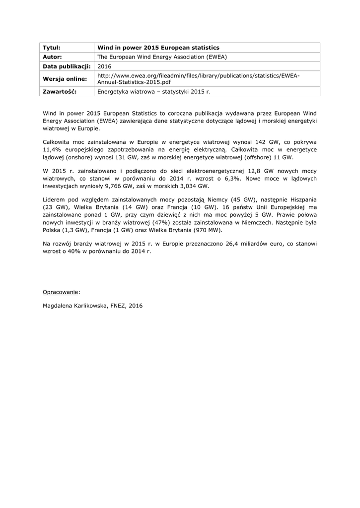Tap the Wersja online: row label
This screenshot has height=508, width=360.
point(65,79)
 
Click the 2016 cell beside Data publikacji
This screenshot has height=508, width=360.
point(105,66)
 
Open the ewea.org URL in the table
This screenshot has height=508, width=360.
point(198,78)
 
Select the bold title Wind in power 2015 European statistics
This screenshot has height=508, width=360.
point(158,48)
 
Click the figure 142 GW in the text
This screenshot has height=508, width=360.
point(266,141)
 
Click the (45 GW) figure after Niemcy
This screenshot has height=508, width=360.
point(242,199)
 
